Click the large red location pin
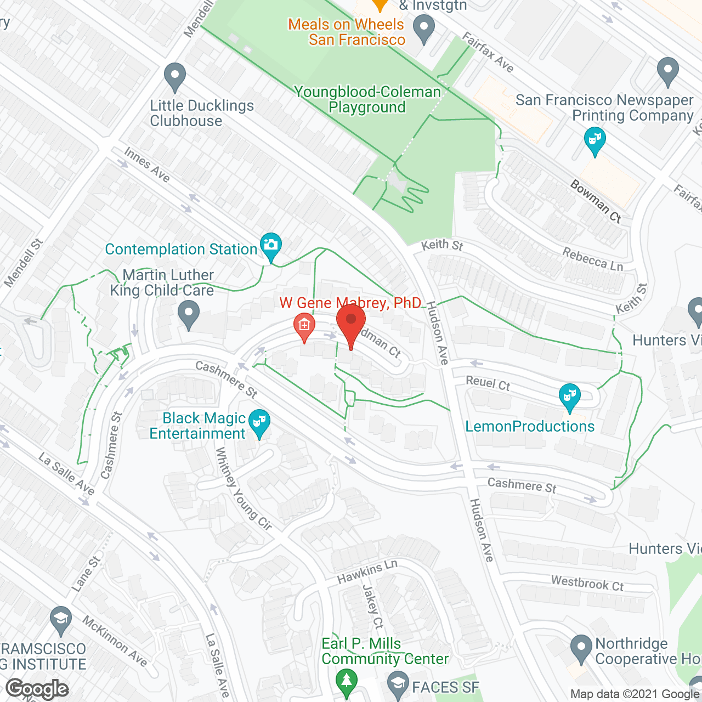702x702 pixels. (x=351, y=321)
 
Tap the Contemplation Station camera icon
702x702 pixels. (x=270, y=245)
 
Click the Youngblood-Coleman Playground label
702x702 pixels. (x=367, y=99)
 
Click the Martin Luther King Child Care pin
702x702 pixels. (x=189, y=315)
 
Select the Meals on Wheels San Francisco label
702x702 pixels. (x=346, y=32)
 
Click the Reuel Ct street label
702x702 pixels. (x=488, y=382)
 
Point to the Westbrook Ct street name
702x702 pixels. (x=587, y=583)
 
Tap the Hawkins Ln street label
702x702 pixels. (x=367, y=572)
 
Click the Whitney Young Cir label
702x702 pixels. (x=243, y=489)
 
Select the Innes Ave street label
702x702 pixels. (x=147, y=164)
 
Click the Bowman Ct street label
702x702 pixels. (x=596, y=201)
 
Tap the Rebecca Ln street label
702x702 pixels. (x=593, y=259)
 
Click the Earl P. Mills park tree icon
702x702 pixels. (x=346, y=681)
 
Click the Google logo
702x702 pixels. (x=37, y=689)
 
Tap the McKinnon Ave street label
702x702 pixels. (x=115, y=641)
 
